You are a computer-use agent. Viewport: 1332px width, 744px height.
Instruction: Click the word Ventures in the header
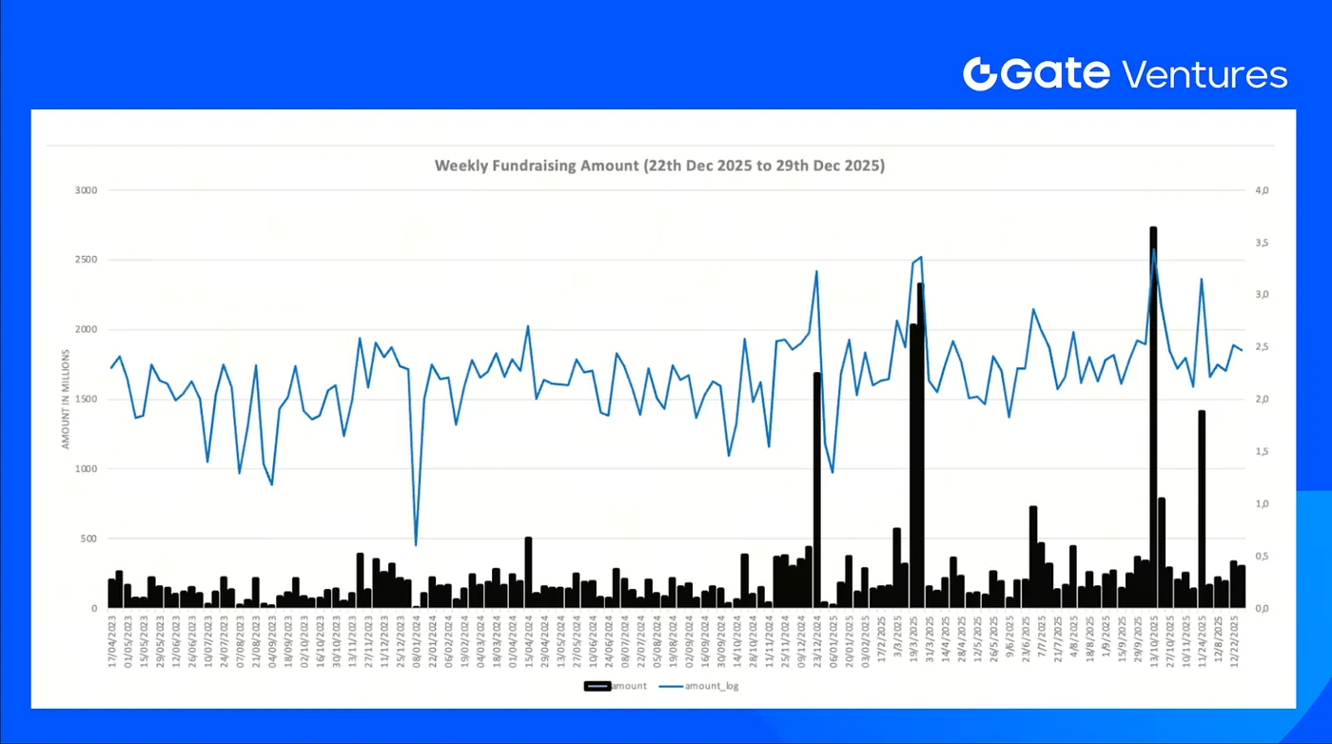click(1205, 74)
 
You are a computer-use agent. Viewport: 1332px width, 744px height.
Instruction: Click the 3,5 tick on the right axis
click(1263, 244)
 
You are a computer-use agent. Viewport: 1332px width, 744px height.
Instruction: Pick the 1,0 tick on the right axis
click(1263, 504)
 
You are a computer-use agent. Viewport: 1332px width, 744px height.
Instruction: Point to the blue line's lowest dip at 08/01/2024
click(416, 544)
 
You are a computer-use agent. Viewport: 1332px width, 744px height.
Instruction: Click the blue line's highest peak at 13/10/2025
click(1154, 250)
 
